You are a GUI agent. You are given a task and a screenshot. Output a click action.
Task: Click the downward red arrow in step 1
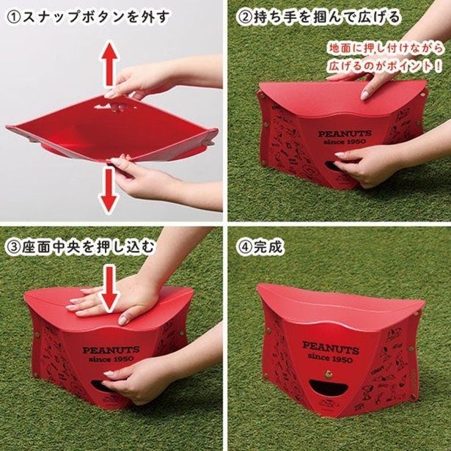click(x=110, y=189)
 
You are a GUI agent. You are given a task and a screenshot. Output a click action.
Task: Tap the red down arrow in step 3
click(x=109, y=287)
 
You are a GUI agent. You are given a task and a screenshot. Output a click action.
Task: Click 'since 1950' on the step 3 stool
click(x=103, y=360)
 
